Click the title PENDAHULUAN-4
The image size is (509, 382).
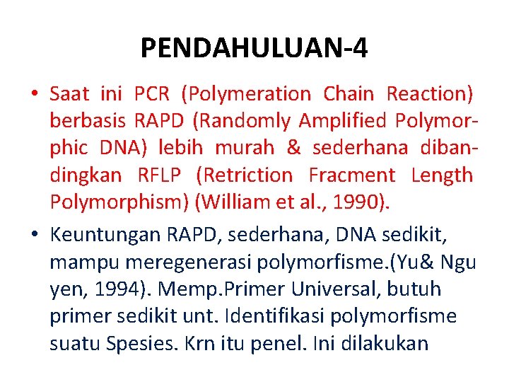254,48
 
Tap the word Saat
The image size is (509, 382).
70,93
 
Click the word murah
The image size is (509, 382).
247,148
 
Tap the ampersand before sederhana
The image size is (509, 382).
293,148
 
